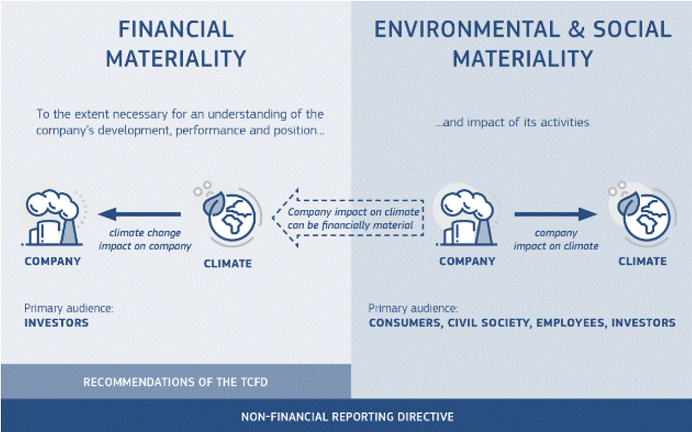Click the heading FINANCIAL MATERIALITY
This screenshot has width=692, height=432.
point(176,44)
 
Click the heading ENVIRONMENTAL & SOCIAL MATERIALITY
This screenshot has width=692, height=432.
point(523,44)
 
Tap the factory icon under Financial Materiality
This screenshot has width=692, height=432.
point(53,218)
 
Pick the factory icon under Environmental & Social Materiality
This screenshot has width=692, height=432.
point(467,218)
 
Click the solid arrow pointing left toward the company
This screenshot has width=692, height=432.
point(139,214)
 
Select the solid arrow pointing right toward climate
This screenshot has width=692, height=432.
point(556,214)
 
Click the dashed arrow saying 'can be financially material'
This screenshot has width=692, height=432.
point(348,218)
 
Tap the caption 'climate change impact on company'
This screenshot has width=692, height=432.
point(145,239)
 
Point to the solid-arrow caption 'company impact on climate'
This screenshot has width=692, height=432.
point(556,239)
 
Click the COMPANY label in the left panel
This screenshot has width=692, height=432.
point(53,261)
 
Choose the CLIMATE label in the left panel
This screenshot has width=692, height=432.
point(228,263)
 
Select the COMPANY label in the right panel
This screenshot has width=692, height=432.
point(467,261)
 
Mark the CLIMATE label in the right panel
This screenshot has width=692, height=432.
point(643,261)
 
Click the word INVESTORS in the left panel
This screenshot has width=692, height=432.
point(56,323)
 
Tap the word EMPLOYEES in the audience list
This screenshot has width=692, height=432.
point(570,323)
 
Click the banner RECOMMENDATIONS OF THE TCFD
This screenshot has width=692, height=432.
point(176,382)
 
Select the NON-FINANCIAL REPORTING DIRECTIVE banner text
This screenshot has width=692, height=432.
point(347,417)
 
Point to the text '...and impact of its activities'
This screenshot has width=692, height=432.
point(512,122)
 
